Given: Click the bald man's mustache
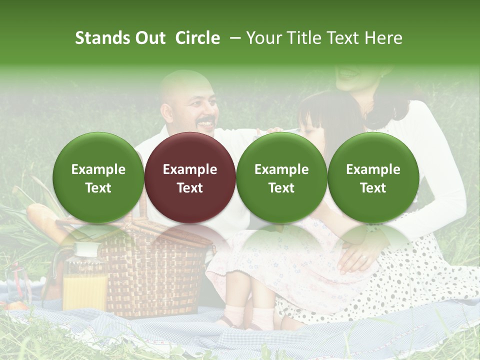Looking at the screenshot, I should pyautogui.click(x=206, y=122).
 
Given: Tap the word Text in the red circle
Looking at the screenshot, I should pyautogui.click(x=190, y=188).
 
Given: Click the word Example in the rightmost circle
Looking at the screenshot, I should pyautogui.click(x=373, y=169).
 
